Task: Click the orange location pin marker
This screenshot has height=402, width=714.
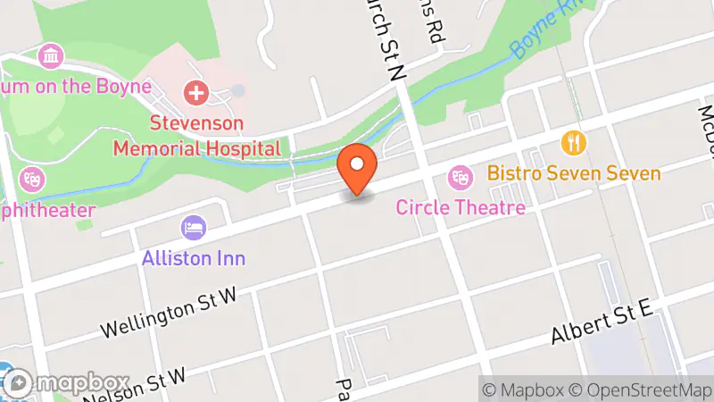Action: coord(358,167)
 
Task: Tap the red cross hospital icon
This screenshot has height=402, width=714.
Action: coord(195,92)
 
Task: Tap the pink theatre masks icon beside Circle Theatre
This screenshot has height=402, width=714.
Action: coord(461,177)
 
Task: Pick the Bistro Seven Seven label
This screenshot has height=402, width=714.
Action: coord(574,173)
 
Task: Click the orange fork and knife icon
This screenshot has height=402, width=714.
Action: coord(573,142)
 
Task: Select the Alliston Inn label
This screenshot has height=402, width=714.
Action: coord(194,258)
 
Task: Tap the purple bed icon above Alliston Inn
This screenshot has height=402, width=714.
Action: coord(193,227)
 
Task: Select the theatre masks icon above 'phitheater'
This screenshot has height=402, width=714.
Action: coord(32,179)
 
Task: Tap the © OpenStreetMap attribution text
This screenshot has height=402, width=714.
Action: coord(641,389)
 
